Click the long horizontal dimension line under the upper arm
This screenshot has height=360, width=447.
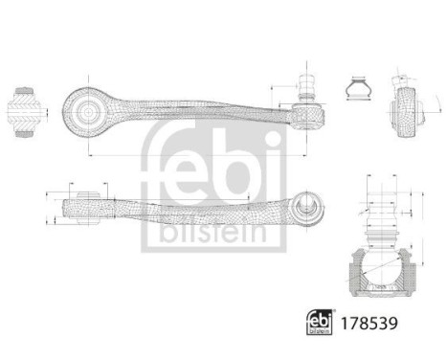point(191,153)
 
